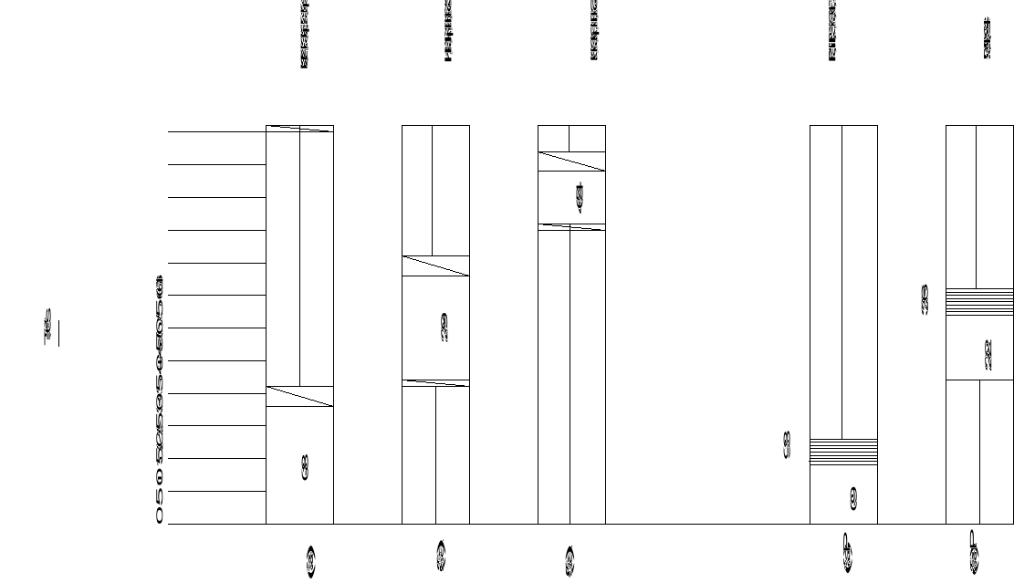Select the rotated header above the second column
(x=448, y=31)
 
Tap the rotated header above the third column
(x=595, y=31)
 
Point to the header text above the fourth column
(x=833, y=31)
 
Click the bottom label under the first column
(x=311, y=563)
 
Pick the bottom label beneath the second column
(x=442, y=557)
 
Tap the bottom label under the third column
(x=570, y=561)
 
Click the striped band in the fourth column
(x=843, y=452)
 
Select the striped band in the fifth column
(x=979, y=302)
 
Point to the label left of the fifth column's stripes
(x=925, y=301)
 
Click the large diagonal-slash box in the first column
(x=299, y=396)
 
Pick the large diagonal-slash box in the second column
(x=435, y=265)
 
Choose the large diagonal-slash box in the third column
(x=571, y=161)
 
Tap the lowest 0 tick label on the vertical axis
(x=160, y=517)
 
